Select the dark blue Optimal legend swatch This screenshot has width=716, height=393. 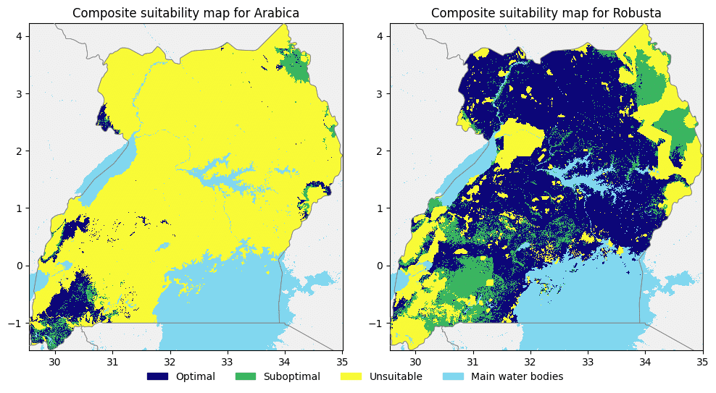157,376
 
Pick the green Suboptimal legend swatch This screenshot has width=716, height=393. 246,376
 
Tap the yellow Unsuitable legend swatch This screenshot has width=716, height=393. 351,376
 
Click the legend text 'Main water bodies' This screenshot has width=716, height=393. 517,376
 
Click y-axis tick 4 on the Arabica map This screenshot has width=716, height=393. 21,36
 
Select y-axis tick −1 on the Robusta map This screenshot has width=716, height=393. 378,323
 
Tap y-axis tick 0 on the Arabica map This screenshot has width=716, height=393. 21,266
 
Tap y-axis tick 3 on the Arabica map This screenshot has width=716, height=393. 21,93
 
